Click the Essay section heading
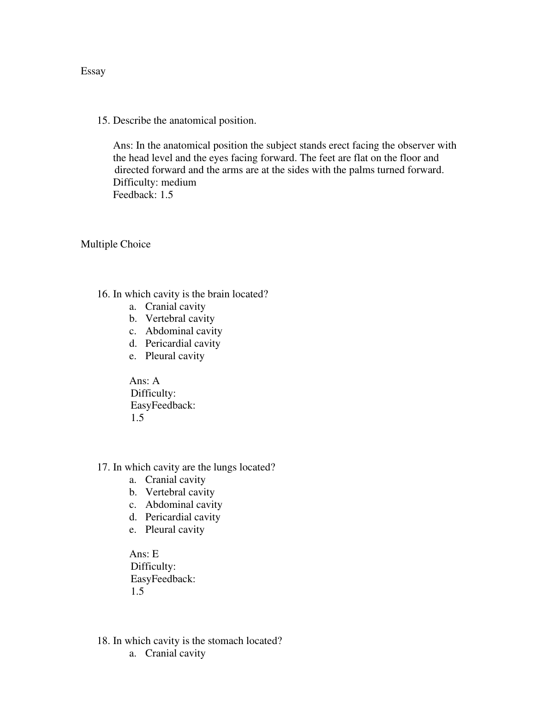click(93, 71)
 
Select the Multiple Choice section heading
click(115, 244)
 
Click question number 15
click(103, 121)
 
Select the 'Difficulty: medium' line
click(155, 182)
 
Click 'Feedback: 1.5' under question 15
click(143, 195)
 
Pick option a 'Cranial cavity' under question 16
click(175, 307)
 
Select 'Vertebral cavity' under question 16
click(179, 319)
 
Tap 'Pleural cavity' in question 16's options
click(174, 356)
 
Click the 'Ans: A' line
click(144, 381)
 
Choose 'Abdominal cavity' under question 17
click(184, 505)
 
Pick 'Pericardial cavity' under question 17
click(183, 517)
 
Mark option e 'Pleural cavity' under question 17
click(174, 530)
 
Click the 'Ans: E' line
click(144, 554)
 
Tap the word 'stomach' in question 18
click(226, 641)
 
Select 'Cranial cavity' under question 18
click(175, 653)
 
